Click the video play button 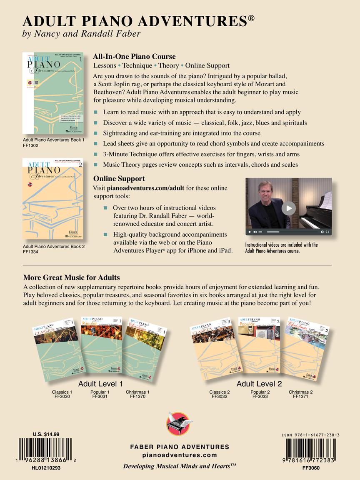point(289,208)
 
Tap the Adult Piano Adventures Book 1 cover point(53,93)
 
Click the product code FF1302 point(31,145)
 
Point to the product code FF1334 point(31,252)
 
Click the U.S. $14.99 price point(46,434)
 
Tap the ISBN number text point(310,435)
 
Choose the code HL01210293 point(46,468)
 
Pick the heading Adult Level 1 point(100,384)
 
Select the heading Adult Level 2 point(259,384)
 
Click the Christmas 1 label point(137,392)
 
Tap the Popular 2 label point(260,392)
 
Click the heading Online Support point(119,178)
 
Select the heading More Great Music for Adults point(72,277)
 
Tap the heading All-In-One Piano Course point(134,57)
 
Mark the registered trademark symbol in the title point(251,18)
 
